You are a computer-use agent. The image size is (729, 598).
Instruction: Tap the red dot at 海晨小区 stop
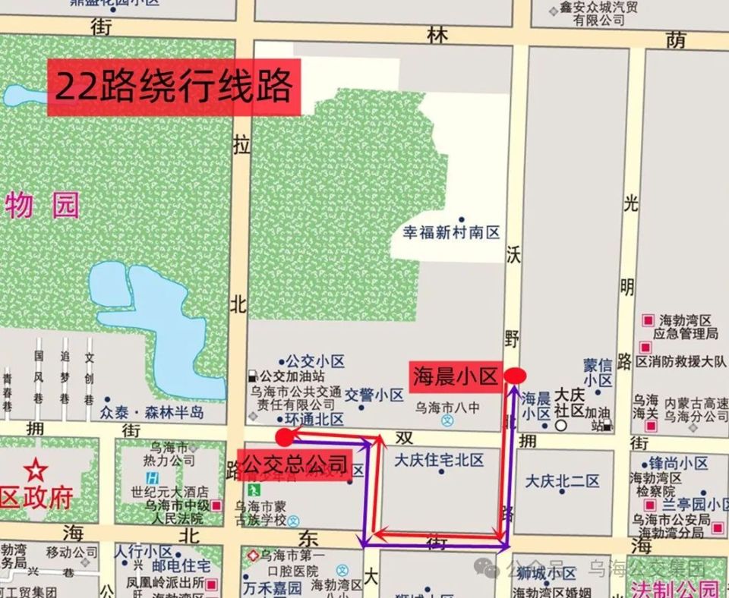pos(515,375)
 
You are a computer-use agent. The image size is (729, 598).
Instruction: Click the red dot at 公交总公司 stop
pos(285,436)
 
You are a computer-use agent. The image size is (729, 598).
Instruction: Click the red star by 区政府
pos(35,471)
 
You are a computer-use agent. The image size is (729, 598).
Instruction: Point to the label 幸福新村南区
pos(452,232)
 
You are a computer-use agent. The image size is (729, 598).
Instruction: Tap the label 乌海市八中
pos(447,408)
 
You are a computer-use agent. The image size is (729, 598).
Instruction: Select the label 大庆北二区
pos(562,481)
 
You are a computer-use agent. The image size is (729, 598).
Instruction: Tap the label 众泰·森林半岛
pos(152,412)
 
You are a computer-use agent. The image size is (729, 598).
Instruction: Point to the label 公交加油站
pos(292,376)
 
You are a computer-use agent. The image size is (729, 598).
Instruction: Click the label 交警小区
pos(374,395)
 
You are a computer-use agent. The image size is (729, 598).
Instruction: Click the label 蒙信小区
pos(598,372)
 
